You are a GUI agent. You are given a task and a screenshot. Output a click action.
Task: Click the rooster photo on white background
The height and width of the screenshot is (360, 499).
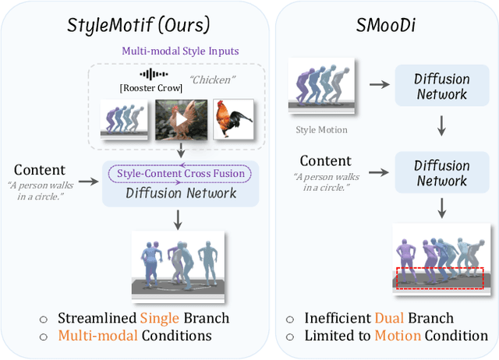(x=235, y=119)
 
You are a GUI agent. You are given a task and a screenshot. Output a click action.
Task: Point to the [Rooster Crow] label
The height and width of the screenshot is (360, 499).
(x=150, y=87)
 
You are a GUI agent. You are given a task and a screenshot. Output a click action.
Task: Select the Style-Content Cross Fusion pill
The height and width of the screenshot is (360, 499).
(x=181, y=173)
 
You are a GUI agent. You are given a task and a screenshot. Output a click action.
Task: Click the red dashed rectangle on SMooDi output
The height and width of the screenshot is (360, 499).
(x=440, y=277)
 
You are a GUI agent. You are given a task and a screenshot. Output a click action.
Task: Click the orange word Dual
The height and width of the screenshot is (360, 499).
(x=391, y=318)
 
